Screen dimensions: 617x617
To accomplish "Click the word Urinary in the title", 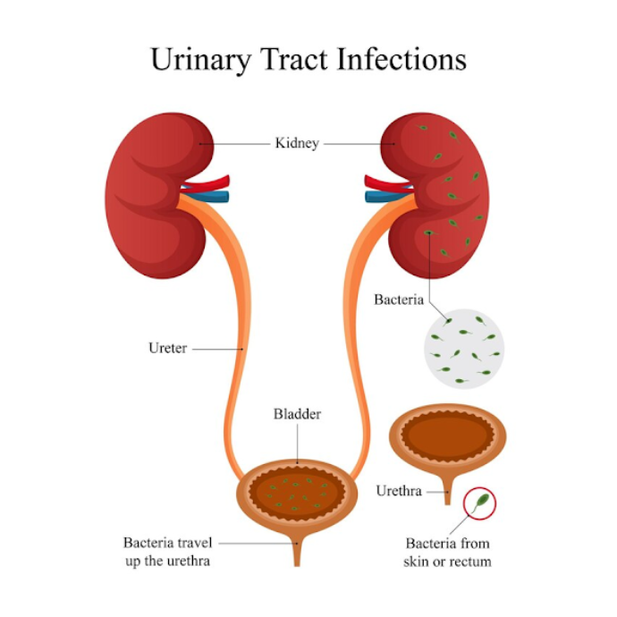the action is [x=200, y=60].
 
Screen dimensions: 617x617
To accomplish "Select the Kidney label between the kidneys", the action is [x=297, y=144].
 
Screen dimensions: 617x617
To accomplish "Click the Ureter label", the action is [x=167, y=348].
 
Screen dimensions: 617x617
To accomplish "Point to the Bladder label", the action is [x=297, y=414].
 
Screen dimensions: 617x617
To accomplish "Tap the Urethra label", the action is [x=399, y=491].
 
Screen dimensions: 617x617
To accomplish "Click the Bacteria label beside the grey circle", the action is [x=399, y=300].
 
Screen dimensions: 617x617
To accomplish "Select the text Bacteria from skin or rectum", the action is [x=447, y=553].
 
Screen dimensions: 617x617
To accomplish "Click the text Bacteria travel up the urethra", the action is [x=167, y=552].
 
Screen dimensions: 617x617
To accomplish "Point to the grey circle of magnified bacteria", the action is [x=464, y=349].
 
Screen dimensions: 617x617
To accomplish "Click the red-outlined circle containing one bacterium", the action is [x=479, y=503].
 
